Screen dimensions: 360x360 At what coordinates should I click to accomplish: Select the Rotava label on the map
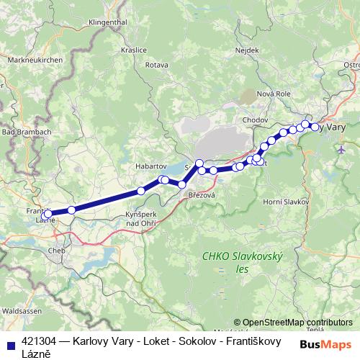156,66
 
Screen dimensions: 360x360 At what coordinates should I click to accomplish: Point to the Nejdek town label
247,50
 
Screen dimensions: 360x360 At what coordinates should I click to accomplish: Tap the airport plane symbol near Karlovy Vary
341,149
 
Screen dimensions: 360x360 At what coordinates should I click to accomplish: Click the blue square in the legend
10,344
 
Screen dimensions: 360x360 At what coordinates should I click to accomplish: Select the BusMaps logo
326,343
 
